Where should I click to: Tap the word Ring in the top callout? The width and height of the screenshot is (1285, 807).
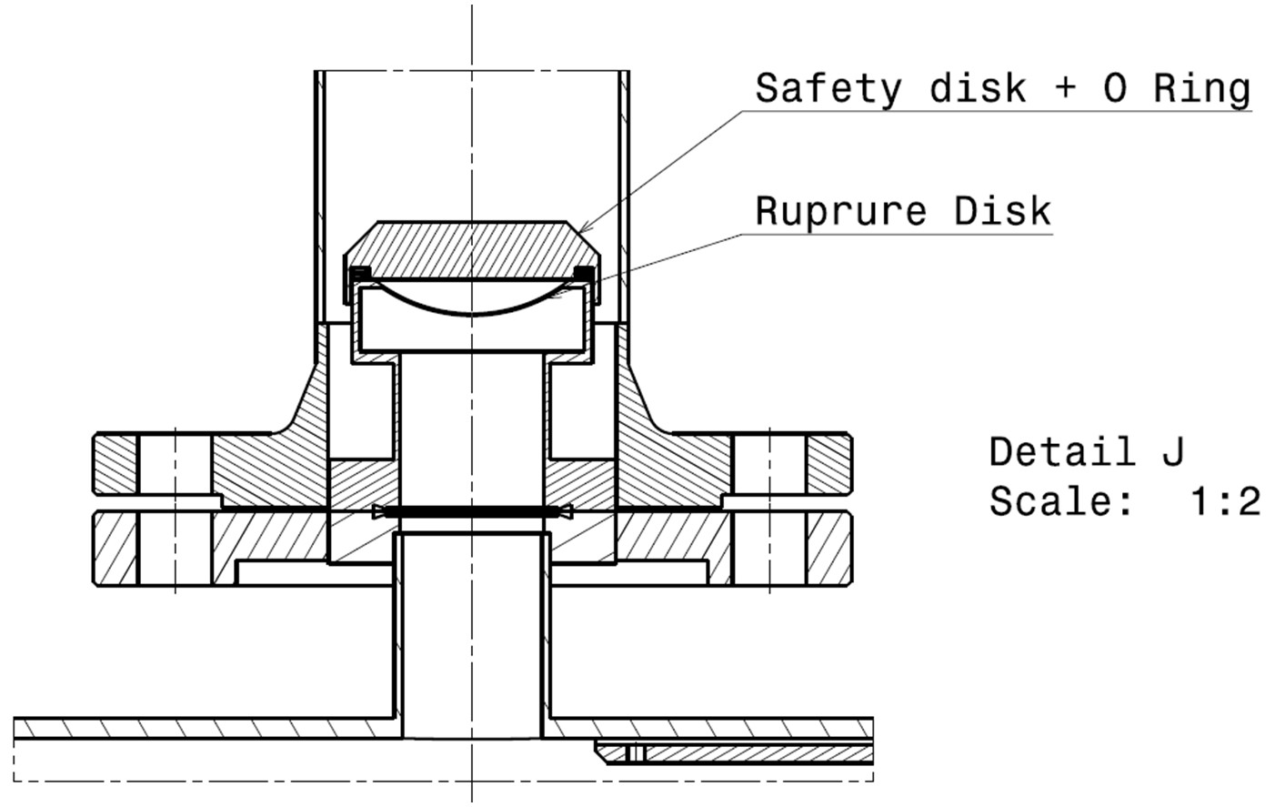[1202, 89]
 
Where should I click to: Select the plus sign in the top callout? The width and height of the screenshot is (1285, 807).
[1065, 89]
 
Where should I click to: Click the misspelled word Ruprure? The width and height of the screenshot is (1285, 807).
[840, 211]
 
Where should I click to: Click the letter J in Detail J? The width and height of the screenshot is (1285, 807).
[1172, 451]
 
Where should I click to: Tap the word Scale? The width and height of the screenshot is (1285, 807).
[1060, 501]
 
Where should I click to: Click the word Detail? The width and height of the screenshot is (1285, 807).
[1062, 451]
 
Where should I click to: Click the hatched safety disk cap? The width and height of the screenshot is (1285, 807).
[472, 249]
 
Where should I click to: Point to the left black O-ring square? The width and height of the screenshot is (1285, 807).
[361, 273]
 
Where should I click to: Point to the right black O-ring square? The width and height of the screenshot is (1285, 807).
[584, 273]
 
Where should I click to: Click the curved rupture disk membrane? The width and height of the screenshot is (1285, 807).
[472, 313]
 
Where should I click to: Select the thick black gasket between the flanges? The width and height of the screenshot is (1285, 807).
[472, 511]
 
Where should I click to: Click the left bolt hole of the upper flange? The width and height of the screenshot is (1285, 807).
[175, 464]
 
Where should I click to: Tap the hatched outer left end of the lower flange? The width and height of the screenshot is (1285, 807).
[115, 549]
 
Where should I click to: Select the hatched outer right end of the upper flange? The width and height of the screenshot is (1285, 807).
[829, 464]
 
